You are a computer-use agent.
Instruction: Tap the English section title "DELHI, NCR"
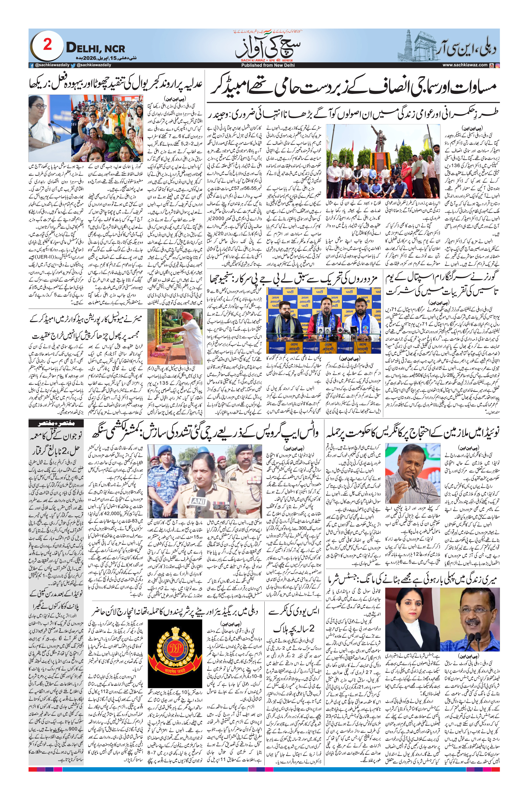[95, 48]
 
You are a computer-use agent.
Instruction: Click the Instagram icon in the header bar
[497, 65]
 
